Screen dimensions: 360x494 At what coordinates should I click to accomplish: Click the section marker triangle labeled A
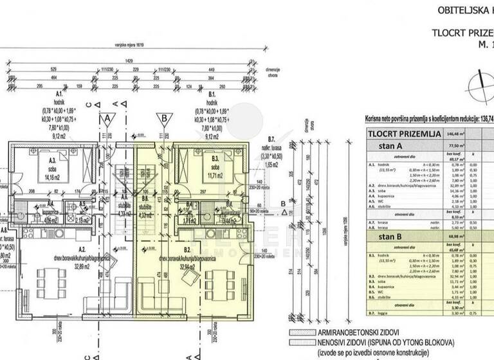coord(107,118)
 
